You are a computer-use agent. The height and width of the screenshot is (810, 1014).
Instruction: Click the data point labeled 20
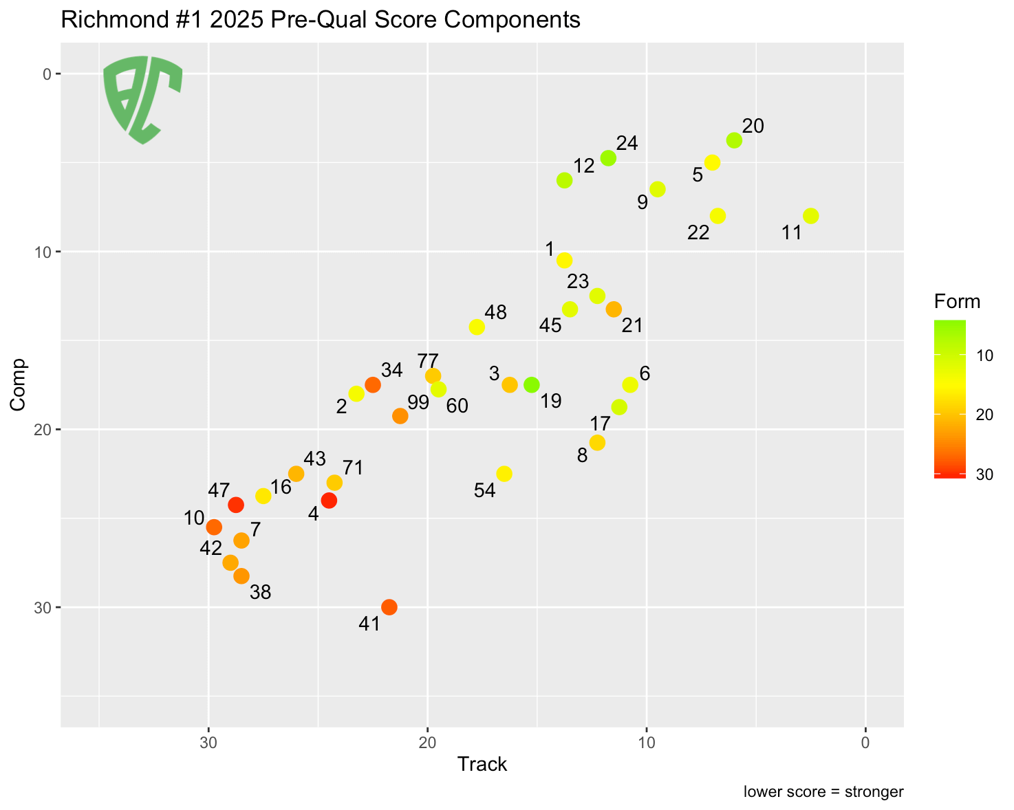coord(734,140)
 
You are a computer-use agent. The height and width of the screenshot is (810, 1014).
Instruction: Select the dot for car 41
coord(389,607)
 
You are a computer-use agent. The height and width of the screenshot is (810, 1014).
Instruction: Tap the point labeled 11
coord(811,216)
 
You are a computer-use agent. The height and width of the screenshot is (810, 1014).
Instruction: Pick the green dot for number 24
coord(608,158)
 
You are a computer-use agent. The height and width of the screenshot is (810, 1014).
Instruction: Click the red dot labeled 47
coord(236,505)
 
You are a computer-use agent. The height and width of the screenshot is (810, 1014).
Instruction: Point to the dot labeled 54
coord(504,474)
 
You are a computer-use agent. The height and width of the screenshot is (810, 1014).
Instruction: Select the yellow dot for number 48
coord(477,327)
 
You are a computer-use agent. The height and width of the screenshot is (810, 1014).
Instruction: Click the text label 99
coord(418,403)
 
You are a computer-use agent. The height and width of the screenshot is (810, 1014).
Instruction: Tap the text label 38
coord(261,592)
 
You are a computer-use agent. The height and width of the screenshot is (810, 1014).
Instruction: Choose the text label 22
coord(698,233)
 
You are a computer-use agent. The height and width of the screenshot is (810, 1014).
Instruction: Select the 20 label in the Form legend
coord(984,415)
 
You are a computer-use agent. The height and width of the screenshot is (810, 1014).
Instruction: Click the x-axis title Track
coord(482,764)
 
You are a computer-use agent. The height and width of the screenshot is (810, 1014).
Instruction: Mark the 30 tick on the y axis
coord(40,608)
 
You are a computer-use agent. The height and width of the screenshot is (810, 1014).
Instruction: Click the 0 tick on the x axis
coord(865,743)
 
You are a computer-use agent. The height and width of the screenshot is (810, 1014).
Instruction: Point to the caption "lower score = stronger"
coord(823,791)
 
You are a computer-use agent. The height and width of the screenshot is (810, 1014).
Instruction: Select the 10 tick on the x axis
coord(646,743)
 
